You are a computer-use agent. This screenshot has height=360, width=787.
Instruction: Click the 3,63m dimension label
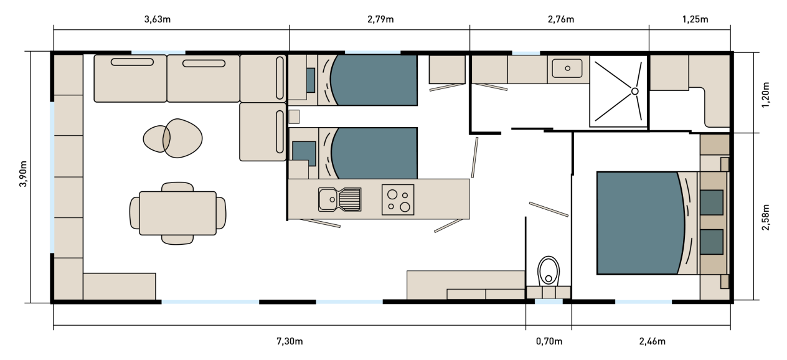(x=158, y=19)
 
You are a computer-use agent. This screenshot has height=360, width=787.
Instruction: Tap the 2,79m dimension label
(x=380, y=19)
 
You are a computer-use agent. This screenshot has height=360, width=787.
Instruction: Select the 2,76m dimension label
(x=561, y=19)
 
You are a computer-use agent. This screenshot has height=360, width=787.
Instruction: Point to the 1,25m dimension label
(x=695, y=19)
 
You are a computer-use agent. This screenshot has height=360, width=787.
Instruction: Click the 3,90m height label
(x=23, y=174)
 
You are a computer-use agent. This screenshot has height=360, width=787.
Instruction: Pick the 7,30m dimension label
(x=290, y=341)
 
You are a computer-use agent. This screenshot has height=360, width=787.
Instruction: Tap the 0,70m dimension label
(x=549, y=341)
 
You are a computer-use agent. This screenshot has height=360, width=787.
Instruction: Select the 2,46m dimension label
(x=652, y=341)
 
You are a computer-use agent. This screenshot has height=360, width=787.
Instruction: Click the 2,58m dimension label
(x=766, y=217)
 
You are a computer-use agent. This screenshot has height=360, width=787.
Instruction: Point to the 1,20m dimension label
(x=766, y=95)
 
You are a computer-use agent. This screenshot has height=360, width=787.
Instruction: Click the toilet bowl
(x=549, y=271)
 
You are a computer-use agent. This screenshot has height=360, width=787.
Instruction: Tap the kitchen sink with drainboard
(x=340, y=199)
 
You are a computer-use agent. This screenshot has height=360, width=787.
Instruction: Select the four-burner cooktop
(x=398, y=200)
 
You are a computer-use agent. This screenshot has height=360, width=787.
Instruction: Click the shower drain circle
(x=635, y=92)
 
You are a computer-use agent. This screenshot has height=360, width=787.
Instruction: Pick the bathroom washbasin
(x=567, y=69)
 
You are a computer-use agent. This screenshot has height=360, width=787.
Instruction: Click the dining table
(x=177, y=213)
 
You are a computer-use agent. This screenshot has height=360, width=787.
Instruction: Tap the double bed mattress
(x=641, y=223)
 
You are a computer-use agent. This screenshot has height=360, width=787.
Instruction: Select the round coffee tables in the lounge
(x=173, y=138)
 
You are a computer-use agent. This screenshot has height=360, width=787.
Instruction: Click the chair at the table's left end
(x=134, y=213)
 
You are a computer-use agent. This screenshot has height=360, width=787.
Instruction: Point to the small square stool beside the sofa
(x=294, y=116)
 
